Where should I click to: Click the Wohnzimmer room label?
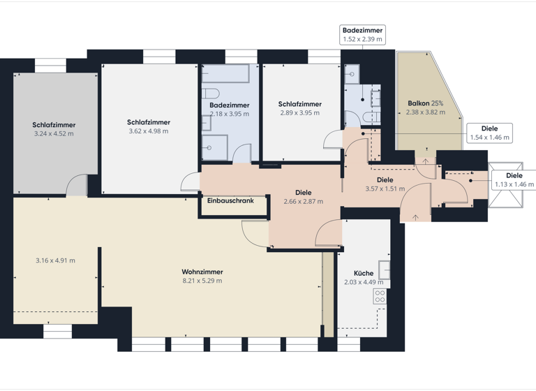[202, 272]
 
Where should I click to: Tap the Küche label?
[364, 274]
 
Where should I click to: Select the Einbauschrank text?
[230, 201]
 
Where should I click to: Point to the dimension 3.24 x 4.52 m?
[54, 133]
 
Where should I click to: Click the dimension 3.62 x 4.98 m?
[149, 131]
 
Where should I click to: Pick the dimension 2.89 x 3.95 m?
[299, 113]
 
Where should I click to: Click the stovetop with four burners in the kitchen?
[380, 296]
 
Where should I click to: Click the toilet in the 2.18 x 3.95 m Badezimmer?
[211, 93]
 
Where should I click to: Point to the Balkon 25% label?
[425, 103]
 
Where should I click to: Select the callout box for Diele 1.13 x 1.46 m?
[514, 180]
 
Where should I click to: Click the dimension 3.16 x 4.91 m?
[55, 260]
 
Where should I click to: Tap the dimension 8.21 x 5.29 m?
[202, 281]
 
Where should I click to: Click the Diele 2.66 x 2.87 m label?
[303, 197]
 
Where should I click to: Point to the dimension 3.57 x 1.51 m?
[385, 189]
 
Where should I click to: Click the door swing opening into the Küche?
[329, 233]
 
